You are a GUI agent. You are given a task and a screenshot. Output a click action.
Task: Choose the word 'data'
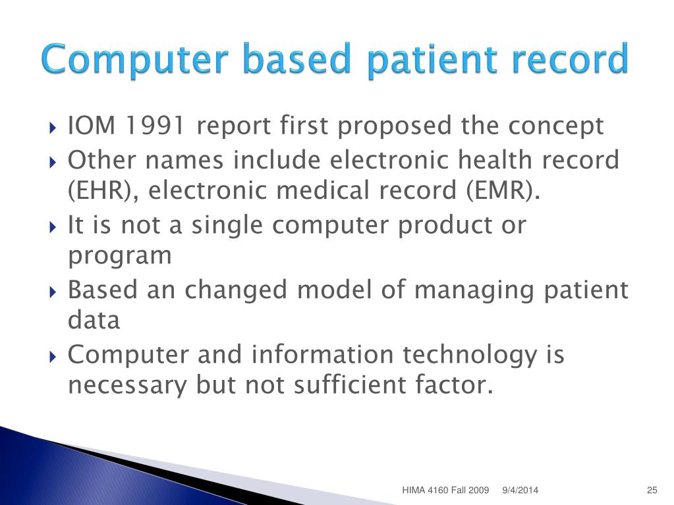(x=94, y=321)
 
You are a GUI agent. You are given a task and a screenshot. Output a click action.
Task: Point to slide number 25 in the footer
(x=652, y=490)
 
